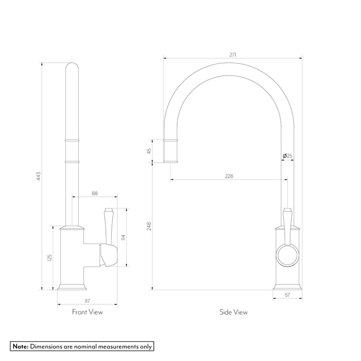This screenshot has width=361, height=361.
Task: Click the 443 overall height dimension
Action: click(38, 176)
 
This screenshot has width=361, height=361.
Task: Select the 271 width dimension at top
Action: click(233, 55)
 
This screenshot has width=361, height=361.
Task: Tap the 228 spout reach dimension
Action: click(229, 176)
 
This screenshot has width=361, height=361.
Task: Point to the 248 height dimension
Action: click(149, 226)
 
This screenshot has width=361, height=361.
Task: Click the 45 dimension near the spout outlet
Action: click(149, 151)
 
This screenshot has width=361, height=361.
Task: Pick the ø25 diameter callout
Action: click(287, 156)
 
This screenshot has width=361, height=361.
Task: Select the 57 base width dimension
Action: click(287, 295)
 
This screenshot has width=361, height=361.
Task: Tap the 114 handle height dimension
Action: click(123, 237)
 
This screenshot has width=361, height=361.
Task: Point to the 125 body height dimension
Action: click(49, 258)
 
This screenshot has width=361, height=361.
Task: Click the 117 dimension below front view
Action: click(87, 301)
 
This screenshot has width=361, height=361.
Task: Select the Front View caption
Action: click(87, 312)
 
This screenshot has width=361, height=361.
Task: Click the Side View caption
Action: click(233, 312)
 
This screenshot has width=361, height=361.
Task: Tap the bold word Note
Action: click(21, 346)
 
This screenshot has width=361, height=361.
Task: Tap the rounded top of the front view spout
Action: click(72, 66)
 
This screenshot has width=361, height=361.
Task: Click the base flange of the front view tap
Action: click(73, 287)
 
